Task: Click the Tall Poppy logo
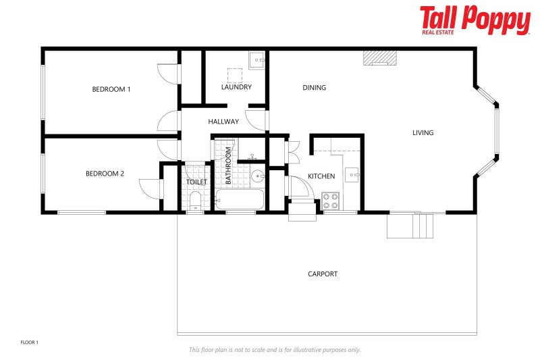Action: [x=475, y=20]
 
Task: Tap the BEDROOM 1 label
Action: [x=111, y=89]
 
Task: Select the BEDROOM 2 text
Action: [x=105, y=174]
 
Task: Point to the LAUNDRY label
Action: [x=236, y=87]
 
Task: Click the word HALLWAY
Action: [x=223, y=122]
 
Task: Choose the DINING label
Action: [x=314, y=88]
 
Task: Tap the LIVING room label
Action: [x=423, y=133]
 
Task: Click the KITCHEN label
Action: [x=321, y=176]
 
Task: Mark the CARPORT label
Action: [x=323, y=274]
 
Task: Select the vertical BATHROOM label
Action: [x=229, y=166]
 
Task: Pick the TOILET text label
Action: [x=196, y=182]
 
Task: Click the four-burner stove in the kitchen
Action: [x=331, y=201]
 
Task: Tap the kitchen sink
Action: [x=352, y=176]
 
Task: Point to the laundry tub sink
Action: [x=256, y=61]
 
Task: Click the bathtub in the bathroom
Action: [x=240, y=200]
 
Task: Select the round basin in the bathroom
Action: [x=257, y=178]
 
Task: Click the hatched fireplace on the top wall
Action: [x=379, y=58]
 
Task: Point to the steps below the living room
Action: [x=410, y=226]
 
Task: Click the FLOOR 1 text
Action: [x=30, y=342]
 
